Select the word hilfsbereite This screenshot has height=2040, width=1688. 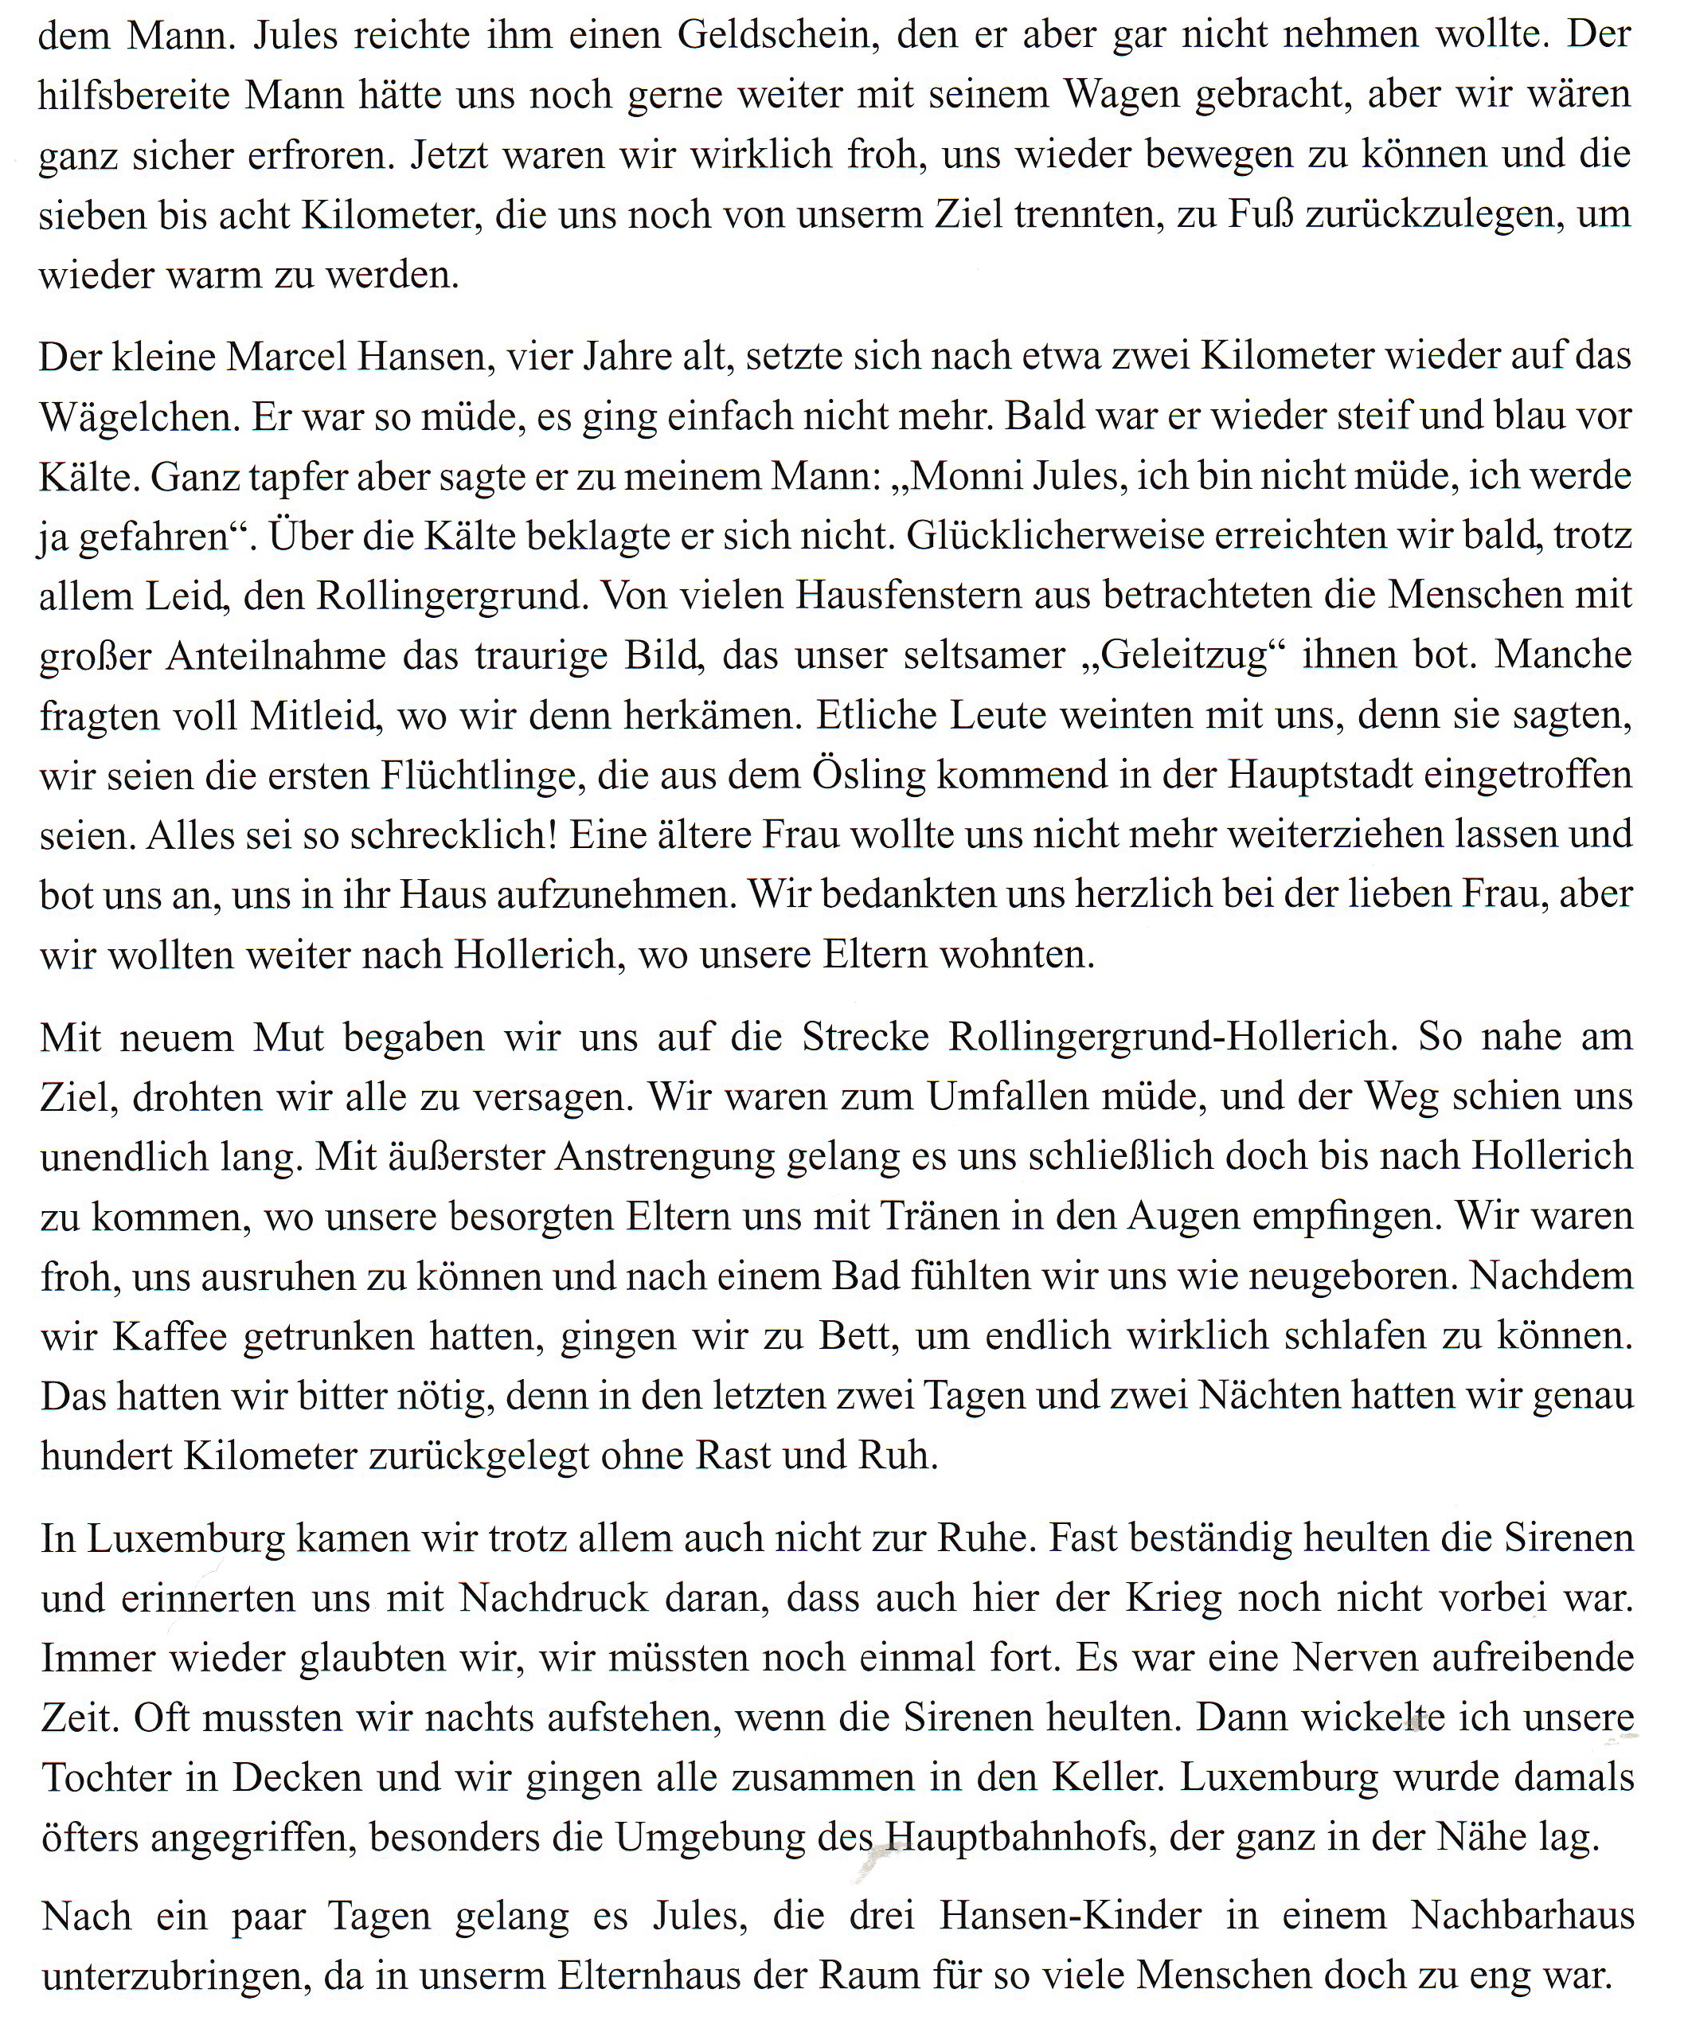pos(133,96)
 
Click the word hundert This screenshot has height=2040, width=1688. pos(102,1456)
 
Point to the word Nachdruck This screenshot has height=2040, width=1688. pos(553,1599)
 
